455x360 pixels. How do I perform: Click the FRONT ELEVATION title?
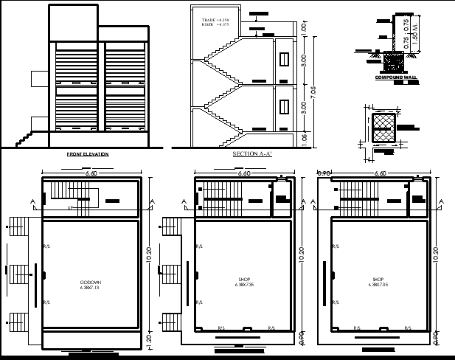88,154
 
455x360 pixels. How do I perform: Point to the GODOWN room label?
91,283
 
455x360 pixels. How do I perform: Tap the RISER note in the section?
215,24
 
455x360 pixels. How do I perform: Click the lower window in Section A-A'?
283,105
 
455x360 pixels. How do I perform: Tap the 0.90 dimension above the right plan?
323,173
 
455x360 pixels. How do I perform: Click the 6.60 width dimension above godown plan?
91,173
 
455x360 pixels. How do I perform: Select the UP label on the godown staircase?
70,208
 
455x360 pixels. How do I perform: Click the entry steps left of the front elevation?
25,137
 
